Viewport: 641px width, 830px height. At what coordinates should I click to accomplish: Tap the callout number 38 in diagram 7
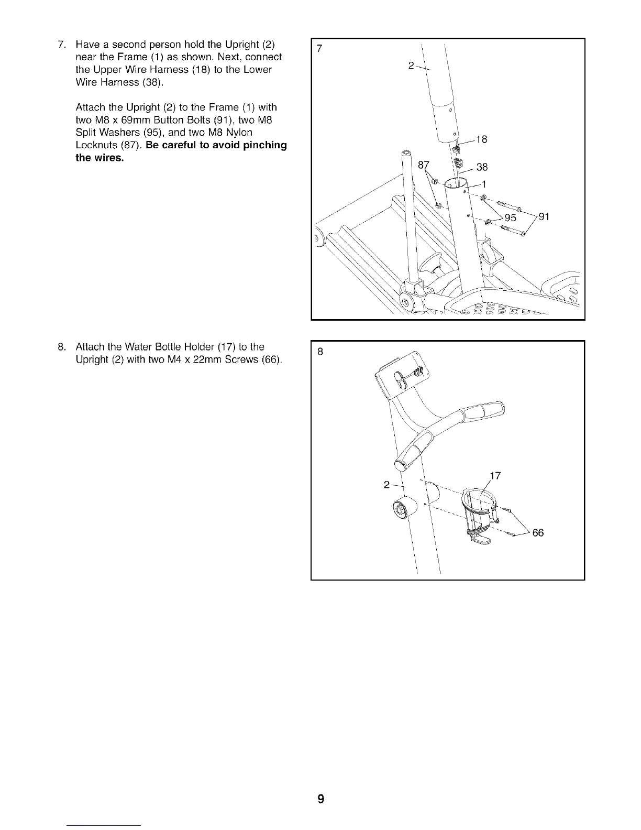pos(482,167)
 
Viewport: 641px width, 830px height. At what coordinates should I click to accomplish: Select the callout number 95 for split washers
pos(509,217)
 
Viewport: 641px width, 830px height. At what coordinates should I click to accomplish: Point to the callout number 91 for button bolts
pos(544,216)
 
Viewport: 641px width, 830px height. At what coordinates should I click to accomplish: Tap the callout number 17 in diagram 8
pos(495,476)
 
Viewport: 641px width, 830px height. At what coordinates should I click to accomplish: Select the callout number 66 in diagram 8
pos(538,533)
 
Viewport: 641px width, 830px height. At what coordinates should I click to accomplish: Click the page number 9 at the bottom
pos(320,799)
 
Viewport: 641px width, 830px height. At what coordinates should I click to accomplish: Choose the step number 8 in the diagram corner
pos(320,352)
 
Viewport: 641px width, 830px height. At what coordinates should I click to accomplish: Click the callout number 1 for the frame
pos(484,184)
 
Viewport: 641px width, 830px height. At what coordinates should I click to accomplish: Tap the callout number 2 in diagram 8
pos(386,485)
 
